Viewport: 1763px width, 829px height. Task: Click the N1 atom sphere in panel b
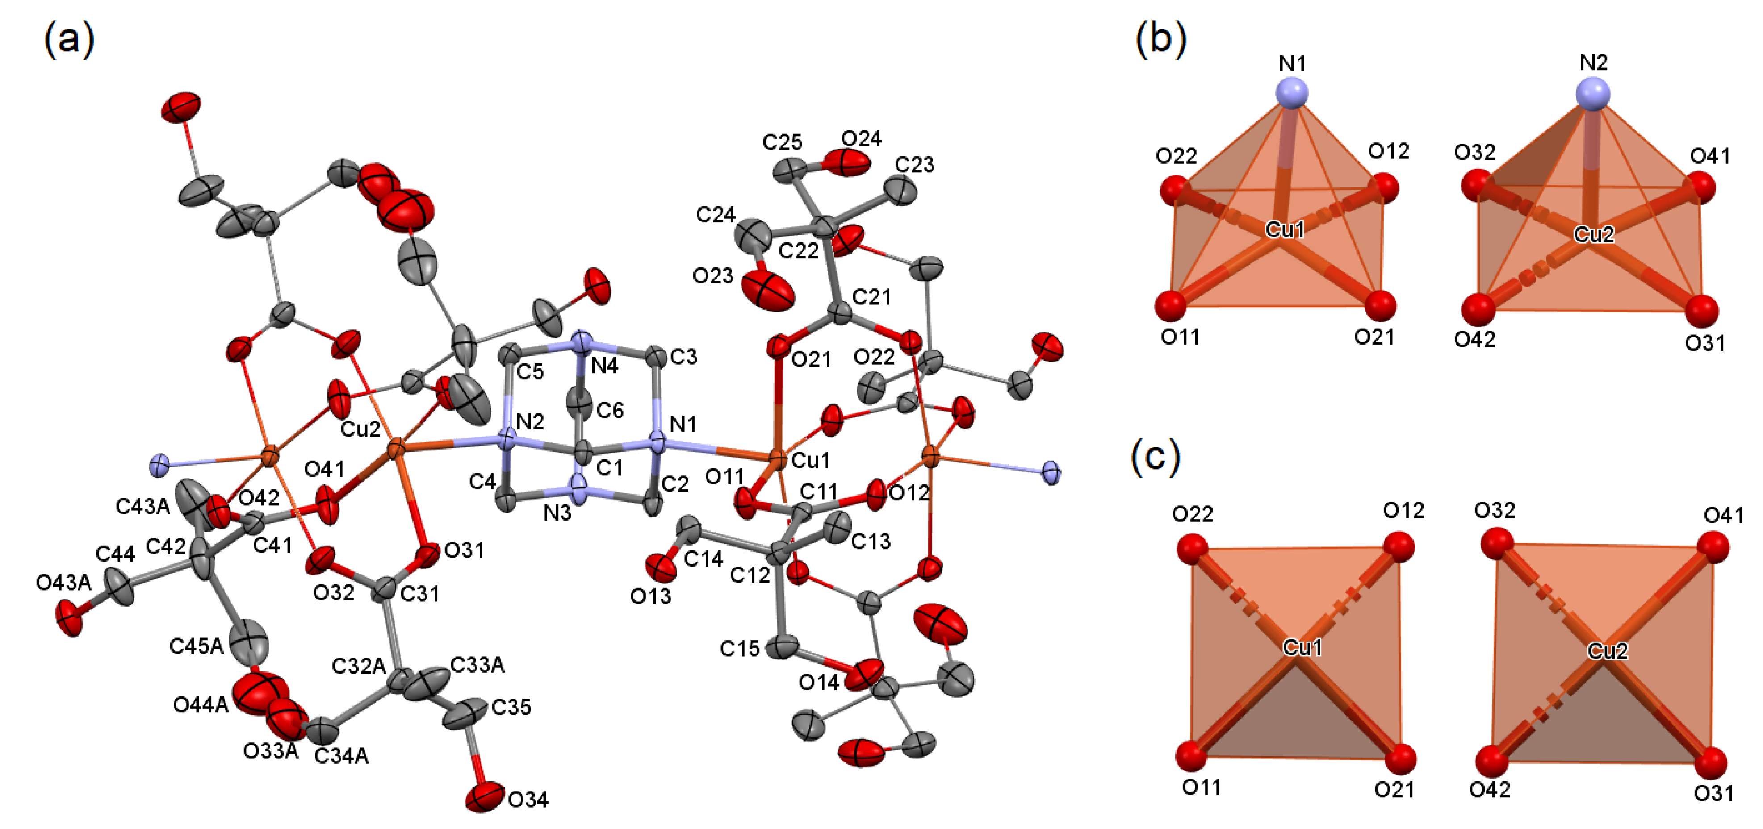click(1292, 92)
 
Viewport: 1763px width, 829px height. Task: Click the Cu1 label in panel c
click(1302, 646)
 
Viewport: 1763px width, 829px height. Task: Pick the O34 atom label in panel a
click(528, 799)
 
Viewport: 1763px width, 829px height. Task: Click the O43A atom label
click(63, 583)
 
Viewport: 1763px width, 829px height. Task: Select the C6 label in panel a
click(610, 410)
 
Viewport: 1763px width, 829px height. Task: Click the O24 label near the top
click(861, 139)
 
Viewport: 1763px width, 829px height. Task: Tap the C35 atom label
click(511, 707)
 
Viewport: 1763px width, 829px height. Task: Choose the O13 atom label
click(650, 596)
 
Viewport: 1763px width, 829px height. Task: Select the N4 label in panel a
click(604, 366)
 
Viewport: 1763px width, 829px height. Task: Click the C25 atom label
click(782, 142)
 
